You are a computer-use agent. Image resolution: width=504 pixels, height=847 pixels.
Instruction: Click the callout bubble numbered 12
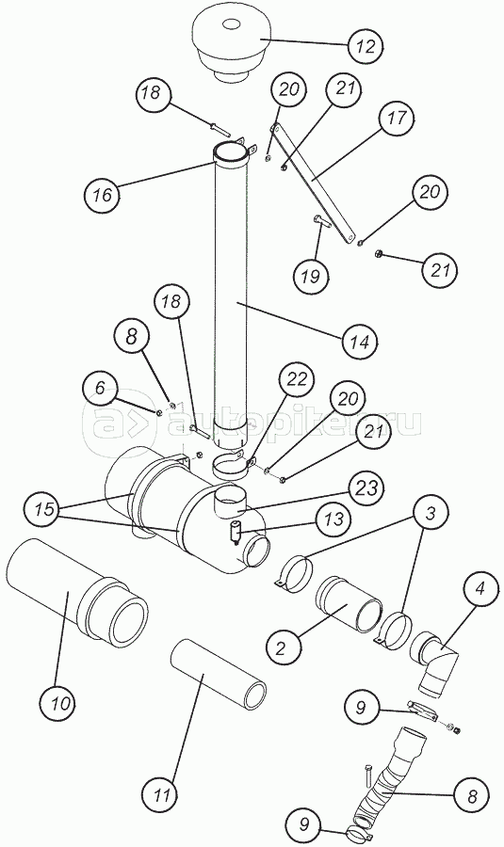click(366, 46)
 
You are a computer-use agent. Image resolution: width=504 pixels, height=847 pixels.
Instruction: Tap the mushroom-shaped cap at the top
click(233, 47)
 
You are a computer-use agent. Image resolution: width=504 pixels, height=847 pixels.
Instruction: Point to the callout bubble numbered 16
click(102, 195)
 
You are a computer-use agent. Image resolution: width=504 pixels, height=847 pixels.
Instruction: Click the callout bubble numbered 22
click(297, 379)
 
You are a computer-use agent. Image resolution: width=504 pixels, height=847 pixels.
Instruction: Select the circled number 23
click(366, 488)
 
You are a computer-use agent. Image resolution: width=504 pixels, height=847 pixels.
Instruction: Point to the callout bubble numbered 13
click(334, 519)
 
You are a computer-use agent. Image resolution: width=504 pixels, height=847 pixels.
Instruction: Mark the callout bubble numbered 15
click(46, 510)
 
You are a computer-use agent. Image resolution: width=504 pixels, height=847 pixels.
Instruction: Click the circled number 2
click(280, 648)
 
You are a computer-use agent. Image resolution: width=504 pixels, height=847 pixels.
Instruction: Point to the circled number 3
click(430, 514)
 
